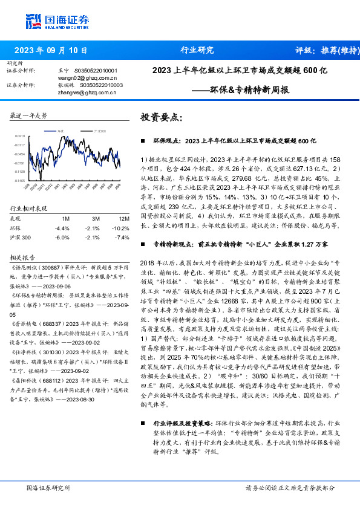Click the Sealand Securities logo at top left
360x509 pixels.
[53, 22]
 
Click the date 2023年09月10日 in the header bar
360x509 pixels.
[50, 50]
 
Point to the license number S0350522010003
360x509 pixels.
[99, 85]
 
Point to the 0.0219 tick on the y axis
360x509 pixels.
[20, 137]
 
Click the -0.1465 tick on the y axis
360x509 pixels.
[20, 180]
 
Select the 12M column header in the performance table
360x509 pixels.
[107, 217]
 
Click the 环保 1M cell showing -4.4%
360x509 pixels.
[62, 227]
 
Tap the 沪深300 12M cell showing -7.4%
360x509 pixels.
[107, 237]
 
